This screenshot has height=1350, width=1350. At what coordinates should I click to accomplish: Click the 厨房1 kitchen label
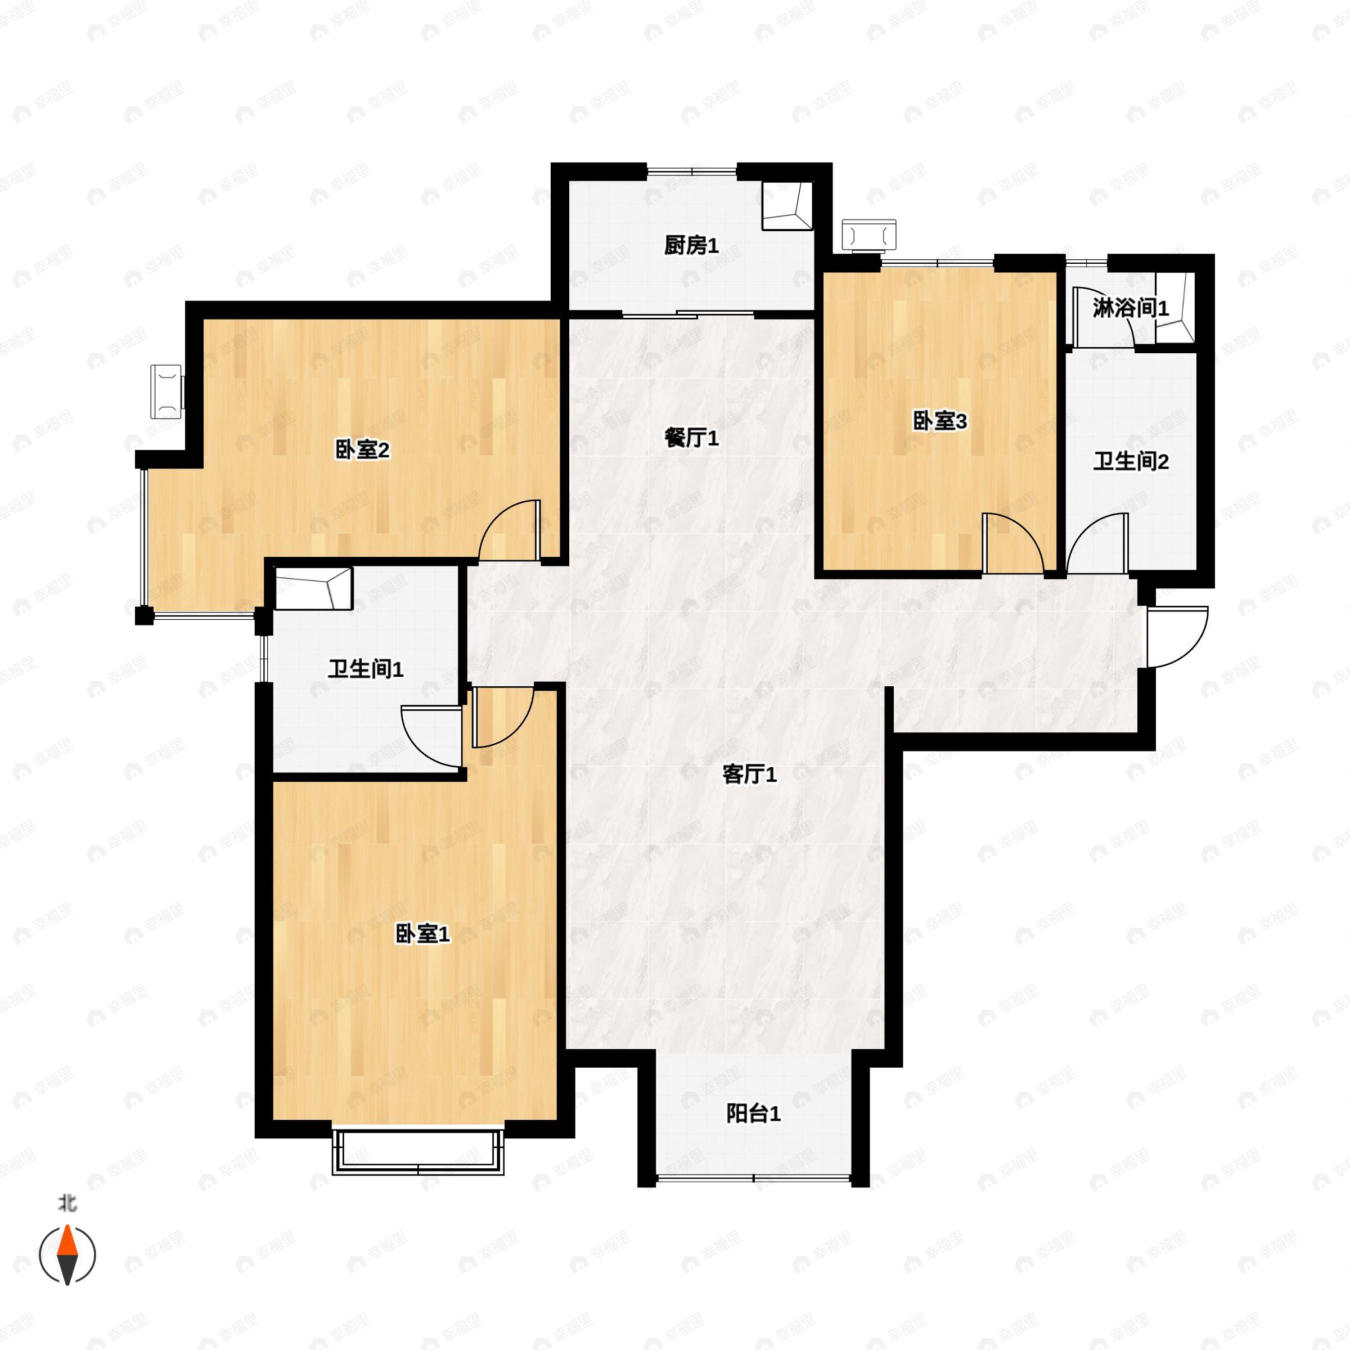(x=691, y=245)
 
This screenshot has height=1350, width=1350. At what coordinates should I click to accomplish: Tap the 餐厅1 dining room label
(x=691, y=438)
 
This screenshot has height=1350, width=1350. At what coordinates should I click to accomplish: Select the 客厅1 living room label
(x=749, y=774)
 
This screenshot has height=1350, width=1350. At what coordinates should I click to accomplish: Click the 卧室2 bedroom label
(x=363, y=449)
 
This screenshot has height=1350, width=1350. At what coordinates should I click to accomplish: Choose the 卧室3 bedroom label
(x=940, y=421)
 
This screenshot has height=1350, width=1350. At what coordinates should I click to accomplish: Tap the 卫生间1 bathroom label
(x=366, y=669)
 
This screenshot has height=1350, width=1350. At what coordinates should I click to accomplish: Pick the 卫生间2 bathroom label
(x=1131, y=461)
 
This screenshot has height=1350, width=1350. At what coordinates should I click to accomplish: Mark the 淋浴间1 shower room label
(x=1131, y=308)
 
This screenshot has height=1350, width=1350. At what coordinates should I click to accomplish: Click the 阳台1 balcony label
(x=753, y=1114)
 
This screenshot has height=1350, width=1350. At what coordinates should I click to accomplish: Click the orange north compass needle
(x=67, y=1241)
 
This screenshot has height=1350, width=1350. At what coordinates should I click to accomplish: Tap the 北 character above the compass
(x=67, y=1203)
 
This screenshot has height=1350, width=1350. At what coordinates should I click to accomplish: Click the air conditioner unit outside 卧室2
(x=167, y=392)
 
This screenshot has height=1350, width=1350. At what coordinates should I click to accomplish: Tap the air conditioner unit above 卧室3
(x=869, y=234)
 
